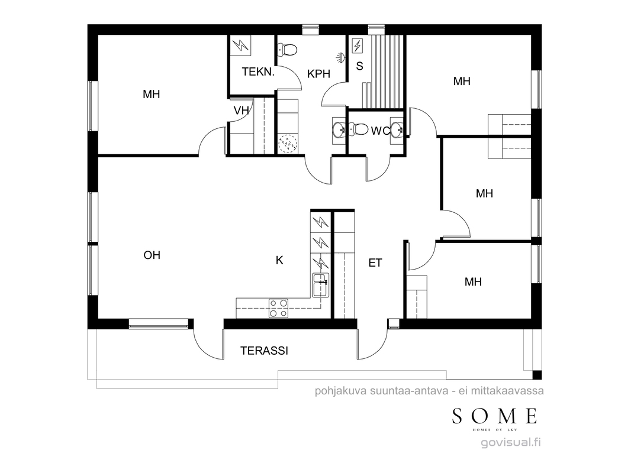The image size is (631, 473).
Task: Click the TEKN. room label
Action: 258,72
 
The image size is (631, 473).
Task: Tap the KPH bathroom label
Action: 318,74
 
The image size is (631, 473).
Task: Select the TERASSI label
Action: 265,351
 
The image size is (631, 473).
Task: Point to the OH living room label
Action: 152,255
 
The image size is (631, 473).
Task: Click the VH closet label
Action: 241,111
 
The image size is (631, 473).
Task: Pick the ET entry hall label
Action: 375,263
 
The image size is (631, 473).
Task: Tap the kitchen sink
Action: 321,284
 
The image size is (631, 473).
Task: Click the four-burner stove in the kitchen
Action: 278,308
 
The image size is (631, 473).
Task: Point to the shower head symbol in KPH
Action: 341,57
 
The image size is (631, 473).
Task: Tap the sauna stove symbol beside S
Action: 357,46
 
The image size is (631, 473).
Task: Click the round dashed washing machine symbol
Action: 288,143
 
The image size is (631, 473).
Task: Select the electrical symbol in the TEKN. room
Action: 241,45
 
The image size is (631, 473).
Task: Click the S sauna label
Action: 360,66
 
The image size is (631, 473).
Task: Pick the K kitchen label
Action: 279,260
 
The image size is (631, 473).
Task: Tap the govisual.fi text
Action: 511,442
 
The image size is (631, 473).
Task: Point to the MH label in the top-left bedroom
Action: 152,95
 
